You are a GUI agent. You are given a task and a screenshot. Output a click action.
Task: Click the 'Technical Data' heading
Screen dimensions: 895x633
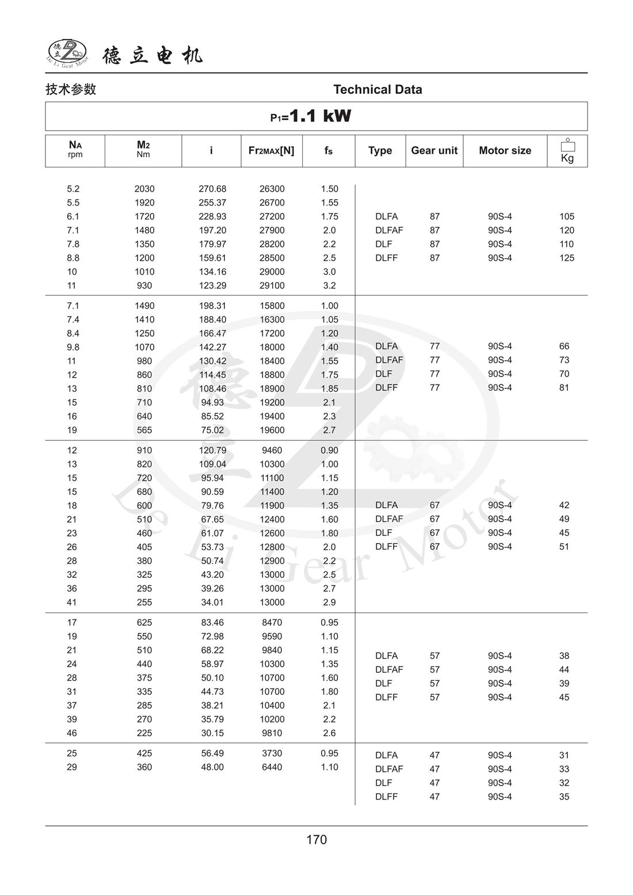tap(377, 89)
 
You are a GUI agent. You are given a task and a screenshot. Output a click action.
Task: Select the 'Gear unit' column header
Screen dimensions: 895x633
tap(434, 150)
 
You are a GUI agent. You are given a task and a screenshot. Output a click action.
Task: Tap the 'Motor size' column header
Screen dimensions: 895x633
tap(505, 150)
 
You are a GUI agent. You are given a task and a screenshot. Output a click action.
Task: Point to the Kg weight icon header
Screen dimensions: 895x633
tap(567, 151)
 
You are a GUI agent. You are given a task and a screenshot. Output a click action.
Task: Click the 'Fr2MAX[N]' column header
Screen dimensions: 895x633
tap(271, 150)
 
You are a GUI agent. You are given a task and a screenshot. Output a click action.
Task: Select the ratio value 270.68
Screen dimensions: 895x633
tap(212, 189)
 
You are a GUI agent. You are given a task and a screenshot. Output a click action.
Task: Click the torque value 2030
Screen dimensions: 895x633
tap(144, 189)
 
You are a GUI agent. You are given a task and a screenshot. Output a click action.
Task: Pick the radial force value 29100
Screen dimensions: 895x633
tap(272, 285)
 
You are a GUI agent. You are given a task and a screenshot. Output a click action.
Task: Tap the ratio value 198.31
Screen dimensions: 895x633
tap(212, 306)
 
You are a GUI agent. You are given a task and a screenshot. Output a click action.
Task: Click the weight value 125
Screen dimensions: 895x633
tap(567, 258)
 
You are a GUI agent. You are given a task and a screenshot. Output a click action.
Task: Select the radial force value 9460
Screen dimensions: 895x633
tap(272, 450)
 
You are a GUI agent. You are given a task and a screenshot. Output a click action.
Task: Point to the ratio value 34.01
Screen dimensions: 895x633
tap(212, 602)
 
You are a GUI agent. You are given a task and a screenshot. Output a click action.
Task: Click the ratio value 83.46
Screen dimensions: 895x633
tap(212, 622)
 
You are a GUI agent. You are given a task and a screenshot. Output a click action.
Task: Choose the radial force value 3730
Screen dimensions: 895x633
tap(272, 753)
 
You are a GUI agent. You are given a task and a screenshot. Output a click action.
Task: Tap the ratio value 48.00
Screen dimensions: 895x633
tap(212, 767)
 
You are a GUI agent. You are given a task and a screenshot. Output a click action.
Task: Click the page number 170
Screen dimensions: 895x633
tap(316, 839)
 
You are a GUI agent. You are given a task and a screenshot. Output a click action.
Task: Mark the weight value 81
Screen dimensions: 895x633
tap(564, 387)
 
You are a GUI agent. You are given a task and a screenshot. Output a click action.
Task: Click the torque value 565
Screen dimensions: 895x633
tap(144, 430)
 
